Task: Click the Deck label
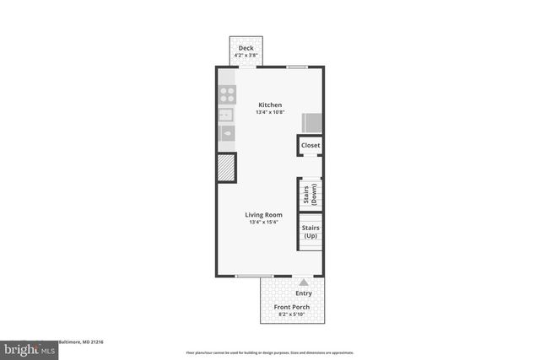pos(246,48)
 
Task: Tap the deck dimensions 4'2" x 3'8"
pos(246,56)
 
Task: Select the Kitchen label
pos(270,105)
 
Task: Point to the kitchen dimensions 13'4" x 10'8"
pos(270,113)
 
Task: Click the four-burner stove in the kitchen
pos(227,94)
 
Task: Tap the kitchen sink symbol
pos(226,115)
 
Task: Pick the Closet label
pos(310,146)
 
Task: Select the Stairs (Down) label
pos(310,195)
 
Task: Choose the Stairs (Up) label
pos(310,231)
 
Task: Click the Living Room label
pos(262,215)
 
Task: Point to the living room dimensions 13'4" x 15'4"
pos(262,223)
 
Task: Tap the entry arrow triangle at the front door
pos(304,282)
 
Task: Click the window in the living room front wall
pos(253,276)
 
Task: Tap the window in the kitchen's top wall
pos(296,67)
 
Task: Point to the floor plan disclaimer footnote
pos(270,352)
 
